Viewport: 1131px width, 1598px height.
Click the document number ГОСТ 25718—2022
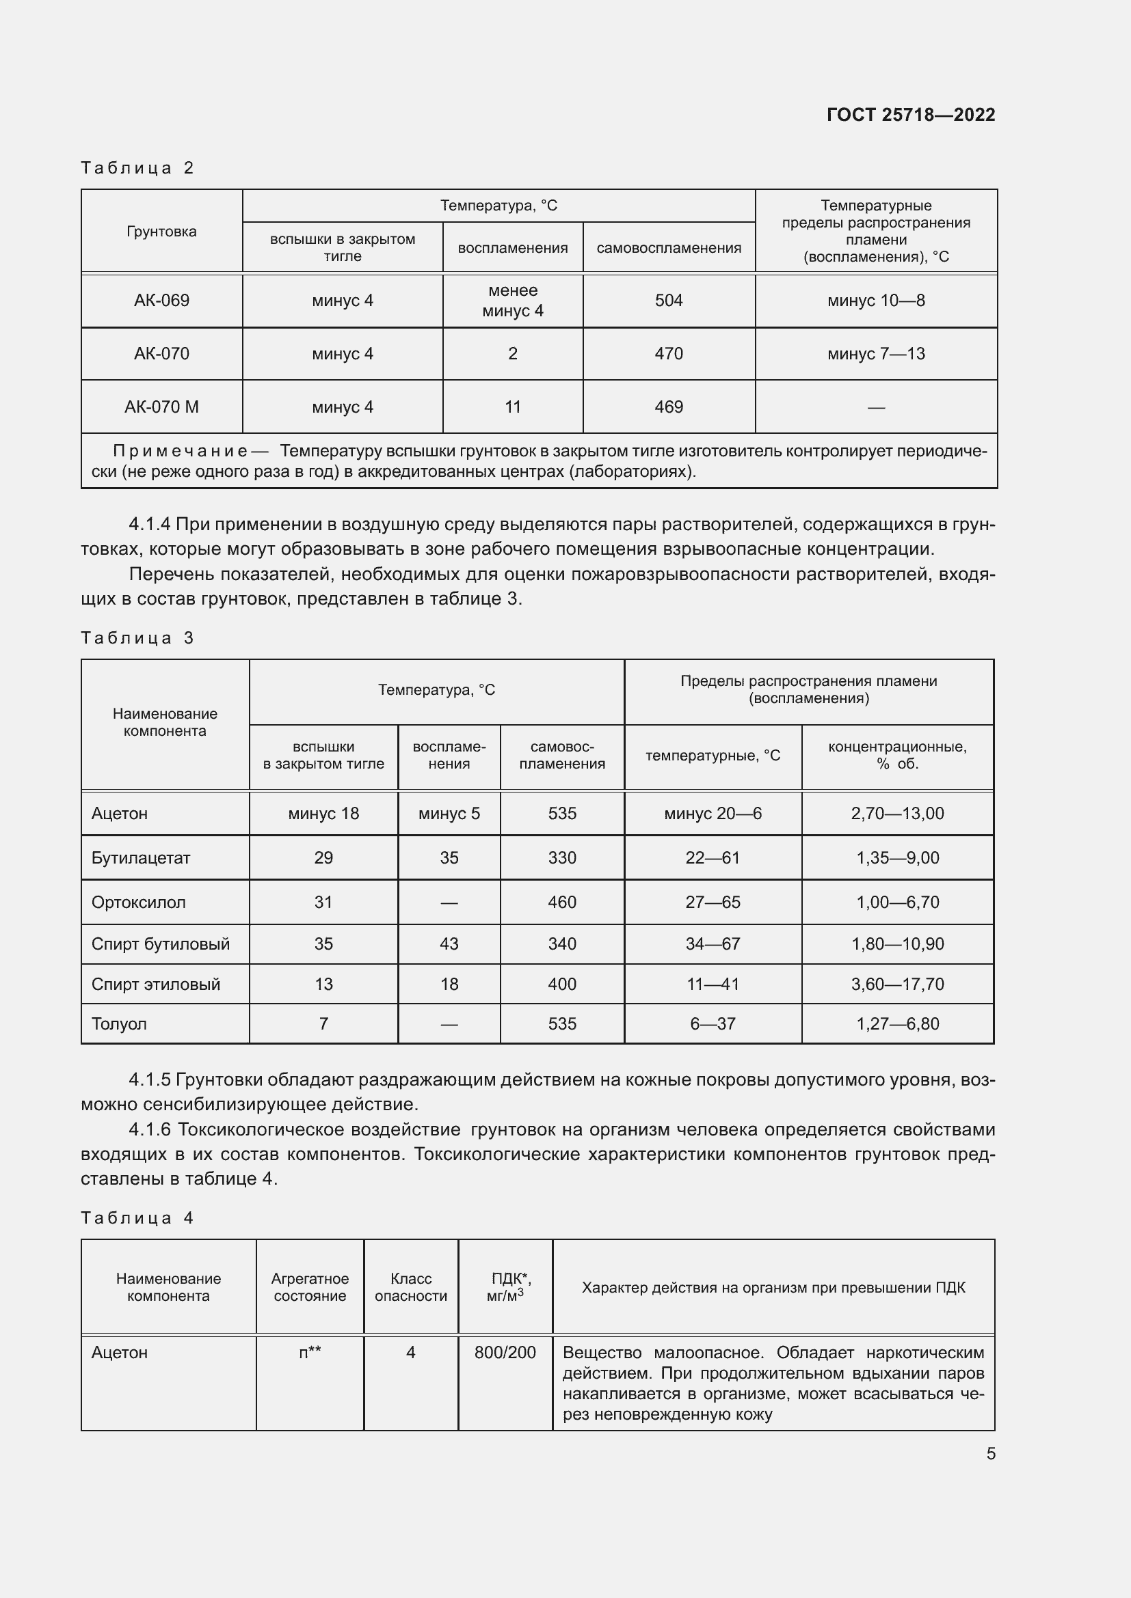(x=910, y=115)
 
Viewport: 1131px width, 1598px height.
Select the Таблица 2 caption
(x=137, y=168)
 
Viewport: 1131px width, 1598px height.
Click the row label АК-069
(x=161, y=301)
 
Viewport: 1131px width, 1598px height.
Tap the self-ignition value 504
(x=669, y=301)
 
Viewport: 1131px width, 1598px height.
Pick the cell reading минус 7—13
(x=875, y=354)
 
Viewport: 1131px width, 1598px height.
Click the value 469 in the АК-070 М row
(x=669, y=407)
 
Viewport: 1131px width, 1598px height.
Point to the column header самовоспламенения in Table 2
(x=669, y=248)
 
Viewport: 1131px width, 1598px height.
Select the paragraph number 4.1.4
(x=150, y=524)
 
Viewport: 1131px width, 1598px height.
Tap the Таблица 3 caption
(x=137, y=638)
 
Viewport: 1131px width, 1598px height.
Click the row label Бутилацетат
(x=141, y=857)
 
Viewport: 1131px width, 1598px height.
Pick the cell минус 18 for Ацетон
(x=323, y=814)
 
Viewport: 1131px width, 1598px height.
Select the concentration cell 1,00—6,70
(x=897, y=902)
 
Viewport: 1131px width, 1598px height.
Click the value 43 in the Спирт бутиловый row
(x=449, y=943)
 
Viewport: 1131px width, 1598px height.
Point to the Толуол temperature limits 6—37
(x=713, y=1024)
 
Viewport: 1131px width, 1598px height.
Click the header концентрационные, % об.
(x=897, y=755)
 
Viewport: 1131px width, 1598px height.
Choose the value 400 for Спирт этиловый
(x=562, y=984)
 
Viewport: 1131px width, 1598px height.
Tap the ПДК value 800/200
(x=505, y=1352)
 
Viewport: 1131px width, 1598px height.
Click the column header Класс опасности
(x=411, y=1287)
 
